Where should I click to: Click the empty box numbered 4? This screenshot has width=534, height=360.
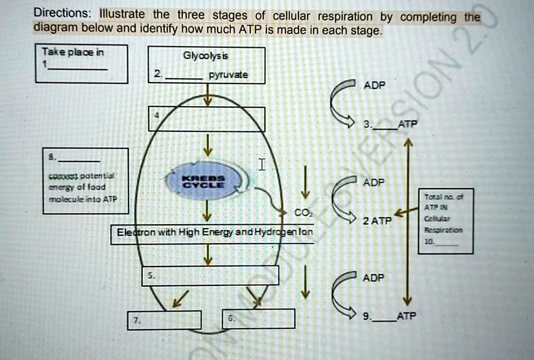pos(207,119)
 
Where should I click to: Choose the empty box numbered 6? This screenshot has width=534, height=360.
pos(259,318)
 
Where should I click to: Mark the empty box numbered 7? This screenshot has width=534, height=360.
pos(165,319)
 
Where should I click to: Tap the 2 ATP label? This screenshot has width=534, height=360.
pos(376,221)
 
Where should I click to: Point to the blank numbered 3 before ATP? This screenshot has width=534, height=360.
pos(383,125)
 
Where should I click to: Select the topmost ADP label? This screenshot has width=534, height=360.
pos(374,85)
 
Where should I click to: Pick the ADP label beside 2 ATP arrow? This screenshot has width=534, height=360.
pos(374,182)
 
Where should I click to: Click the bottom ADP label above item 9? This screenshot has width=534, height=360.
pos(374,278)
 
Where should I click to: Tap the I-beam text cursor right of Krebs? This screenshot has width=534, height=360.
pos(262,164)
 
